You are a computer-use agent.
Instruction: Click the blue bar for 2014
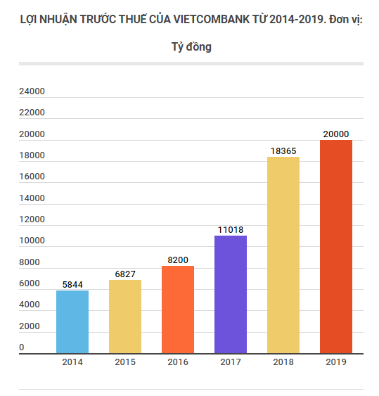[x=72, y=321]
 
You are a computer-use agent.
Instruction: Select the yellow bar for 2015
[x=125, y=316]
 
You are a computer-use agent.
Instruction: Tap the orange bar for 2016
[x=178, y=309]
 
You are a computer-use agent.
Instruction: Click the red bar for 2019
[x=336, y=246]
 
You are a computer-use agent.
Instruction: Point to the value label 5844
[x=72, y=284]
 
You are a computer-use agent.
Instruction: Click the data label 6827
[x=125, y=274]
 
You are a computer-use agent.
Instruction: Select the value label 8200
[x=178, y=260]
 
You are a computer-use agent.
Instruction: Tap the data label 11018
[x=231, y=229]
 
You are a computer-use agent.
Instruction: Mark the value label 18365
[x=283, y=151]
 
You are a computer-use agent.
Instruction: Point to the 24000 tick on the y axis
[x=32, y=91]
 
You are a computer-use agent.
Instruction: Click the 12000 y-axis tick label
[x=32, y=219]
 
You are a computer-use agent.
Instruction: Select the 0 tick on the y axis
[x=22, y=347]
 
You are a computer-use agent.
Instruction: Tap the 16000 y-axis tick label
[x=32, y=177]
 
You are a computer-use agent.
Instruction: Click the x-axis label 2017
[x=231, y=362]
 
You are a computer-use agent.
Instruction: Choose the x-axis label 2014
[x=72, y=362]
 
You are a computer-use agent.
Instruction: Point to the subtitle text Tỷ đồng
[x=191, y=48]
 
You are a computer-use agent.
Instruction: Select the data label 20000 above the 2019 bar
[x=336, y=134]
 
